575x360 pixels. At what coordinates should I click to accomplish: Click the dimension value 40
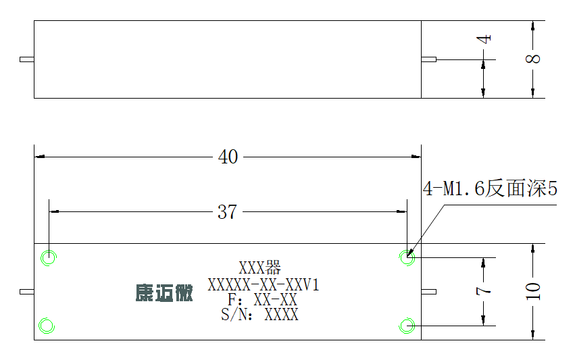click(228, 157)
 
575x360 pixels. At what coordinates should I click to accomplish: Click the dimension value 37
click(227, 212)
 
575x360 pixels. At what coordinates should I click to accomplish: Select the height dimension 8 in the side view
click(533, 59)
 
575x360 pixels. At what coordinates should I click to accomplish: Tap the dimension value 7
click(483, 290)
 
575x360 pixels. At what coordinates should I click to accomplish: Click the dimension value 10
click(533, 292)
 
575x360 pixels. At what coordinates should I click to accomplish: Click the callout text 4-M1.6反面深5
click(490, 189)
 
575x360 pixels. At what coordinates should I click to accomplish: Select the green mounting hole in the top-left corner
click(49, 257)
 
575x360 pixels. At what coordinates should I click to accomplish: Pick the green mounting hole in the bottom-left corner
click(47, 326)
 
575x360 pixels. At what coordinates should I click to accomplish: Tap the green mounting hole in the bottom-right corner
click(407, 326)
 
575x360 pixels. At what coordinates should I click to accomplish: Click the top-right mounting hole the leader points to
click(407, 257)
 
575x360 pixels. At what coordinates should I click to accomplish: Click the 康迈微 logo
click(164, 293)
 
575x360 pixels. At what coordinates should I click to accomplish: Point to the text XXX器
click(259, 267)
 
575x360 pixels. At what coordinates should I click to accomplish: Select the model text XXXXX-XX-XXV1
click(264, 284)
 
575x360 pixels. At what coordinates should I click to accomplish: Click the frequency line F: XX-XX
click(262, 300)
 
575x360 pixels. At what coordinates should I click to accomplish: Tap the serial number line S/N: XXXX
click(259, 315)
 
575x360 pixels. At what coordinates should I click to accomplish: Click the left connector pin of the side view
click(27, 59)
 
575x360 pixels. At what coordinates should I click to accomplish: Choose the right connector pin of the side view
click(428, 59)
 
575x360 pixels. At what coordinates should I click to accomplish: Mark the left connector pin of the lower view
click(27, 292)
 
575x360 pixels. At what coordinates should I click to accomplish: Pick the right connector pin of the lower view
click(428, 292)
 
